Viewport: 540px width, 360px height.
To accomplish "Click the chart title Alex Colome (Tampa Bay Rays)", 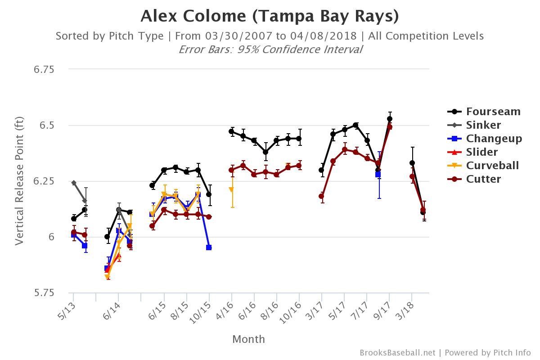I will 270,16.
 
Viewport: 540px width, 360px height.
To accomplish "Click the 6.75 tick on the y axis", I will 44,69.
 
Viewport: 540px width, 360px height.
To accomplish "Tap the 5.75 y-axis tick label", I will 44,293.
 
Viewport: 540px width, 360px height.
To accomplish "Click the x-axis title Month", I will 248,339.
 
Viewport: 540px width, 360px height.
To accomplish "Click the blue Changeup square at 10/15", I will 209,247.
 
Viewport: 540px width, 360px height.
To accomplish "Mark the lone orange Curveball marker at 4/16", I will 231,190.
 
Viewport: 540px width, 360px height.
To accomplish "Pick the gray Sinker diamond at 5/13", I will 74,183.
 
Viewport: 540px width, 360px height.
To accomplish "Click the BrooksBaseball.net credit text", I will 397,353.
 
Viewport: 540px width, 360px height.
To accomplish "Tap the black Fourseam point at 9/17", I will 390,119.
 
